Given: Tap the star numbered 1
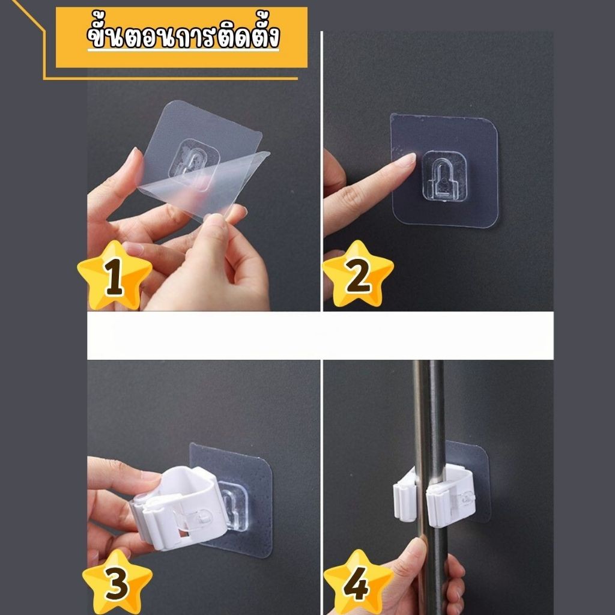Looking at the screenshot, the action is (x=115, y=275).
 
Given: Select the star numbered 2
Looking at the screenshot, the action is (x=358, y=274).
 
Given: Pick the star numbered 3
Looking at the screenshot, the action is (x=117, y=582).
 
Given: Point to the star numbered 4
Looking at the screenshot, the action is (x=358, y=582).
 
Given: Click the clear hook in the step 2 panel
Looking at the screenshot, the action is (x=444, y=176).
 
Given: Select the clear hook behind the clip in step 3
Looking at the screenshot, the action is (x=235, y=506).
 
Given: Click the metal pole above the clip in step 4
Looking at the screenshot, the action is (x=429, y=412).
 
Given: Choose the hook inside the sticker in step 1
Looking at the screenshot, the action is (x=193, y=163).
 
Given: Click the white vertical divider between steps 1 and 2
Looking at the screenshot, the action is (x=322, y=171).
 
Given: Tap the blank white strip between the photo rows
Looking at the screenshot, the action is (x=320, y=336).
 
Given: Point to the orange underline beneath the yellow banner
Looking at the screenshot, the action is (x=171, y=78).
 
